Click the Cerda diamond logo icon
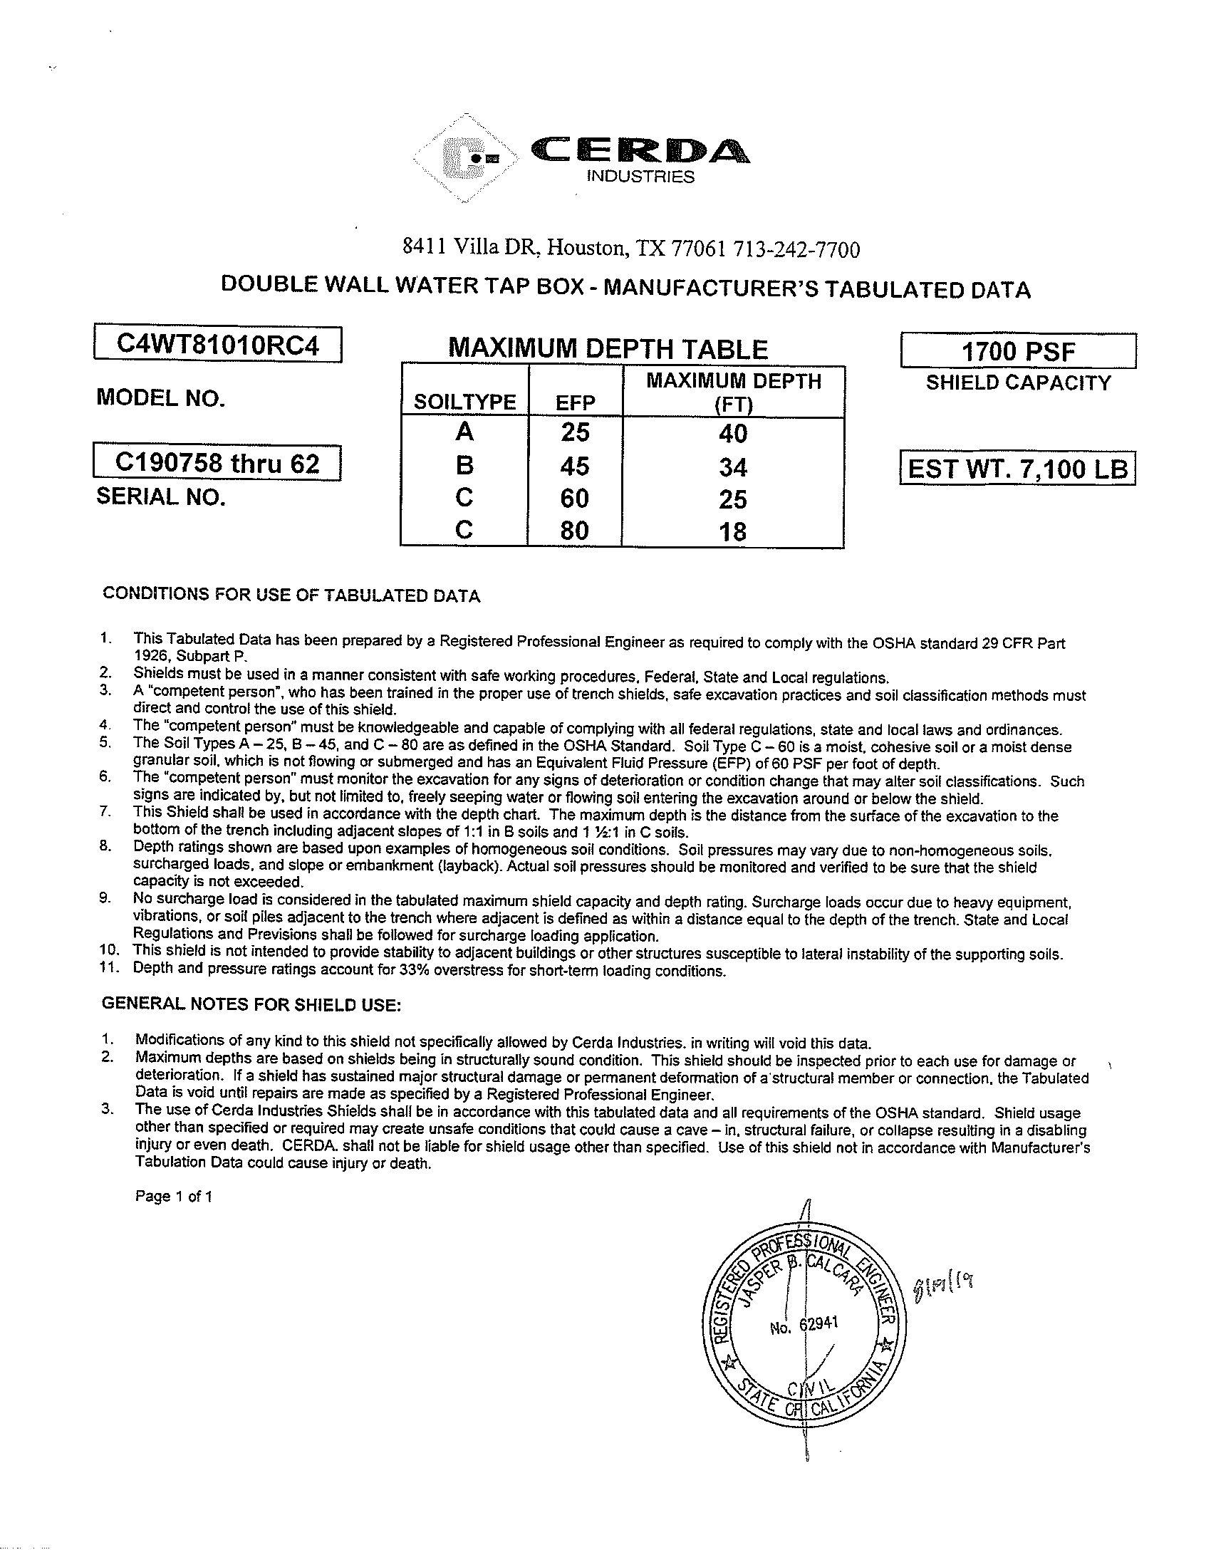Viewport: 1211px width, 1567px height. pos(467,159)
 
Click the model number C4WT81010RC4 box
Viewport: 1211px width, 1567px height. pos(217,345)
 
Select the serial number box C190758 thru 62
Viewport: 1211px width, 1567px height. pos(217,464)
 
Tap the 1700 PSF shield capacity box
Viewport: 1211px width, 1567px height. pos(1017,352)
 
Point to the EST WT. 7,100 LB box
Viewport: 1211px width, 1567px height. pos(1017,469)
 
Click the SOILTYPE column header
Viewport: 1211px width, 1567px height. pos(464,402)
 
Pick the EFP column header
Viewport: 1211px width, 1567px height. pos(575,402)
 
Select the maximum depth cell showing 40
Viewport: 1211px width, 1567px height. pos(732,433)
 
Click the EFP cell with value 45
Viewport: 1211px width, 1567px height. pos(575,467)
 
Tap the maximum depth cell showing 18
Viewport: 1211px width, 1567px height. pos(732,531)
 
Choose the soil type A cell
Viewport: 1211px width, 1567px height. pos(464,432)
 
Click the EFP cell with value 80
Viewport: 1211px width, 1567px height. pos(575,530)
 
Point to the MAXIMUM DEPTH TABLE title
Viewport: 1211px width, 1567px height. pos(608,350)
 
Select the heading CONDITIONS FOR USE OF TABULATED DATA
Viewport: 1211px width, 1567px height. pos(291,595)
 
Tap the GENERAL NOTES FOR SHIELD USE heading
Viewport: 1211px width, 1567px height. pos(251,1004)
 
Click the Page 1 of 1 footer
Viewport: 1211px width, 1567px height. pos(173,1196)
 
